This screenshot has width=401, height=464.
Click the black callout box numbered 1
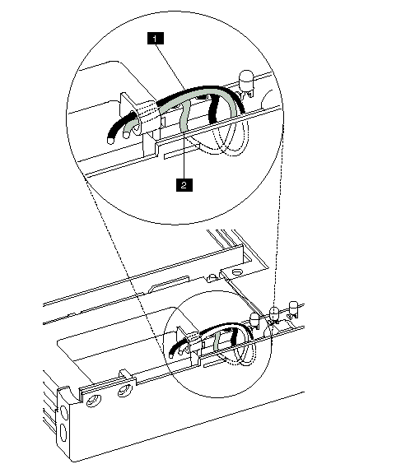(x=155, y=39)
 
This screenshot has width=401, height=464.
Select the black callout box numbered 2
(x=184, y=185)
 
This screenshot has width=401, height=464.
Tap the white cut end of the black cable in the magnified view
(x=110, y=141)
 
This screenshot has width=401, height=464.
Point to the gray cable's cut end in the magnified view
(x=126, y=135)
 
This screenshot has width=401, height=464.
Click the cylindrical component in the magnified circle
(x=246, y=81)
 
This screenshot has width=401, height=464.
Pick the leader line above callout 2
(x=184, y=154)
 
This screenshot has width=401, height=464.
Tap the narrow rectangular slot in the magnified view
(x=180, y=153)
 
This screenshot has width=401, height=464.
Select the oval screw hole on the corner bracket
(x=236, y=271)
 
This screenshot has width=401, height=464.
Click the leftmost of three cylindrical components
(x=254, y=320)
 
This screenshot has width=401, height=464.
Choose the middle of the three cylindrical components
(x=274, y=313)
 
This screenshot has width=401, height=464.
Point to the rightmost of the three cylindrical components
(x=293, y=308)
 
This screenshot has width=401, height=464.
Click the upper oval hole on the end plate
(x=63, y=412)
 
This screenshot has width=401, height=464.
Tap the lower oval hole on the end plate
(x=63, y=433)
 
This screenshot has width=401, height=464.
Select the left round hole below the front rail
(x=94, y=401)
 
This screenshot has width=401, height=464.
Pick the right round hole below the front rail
(x=125, y=391)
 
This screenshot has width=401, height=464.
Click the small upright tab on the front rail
(x=124, y=374)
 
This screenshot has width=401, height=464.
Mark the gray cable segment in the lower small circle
(x=217, y=340)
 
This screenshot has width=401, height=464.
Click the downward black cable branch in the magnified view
(x=215, y=109)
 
